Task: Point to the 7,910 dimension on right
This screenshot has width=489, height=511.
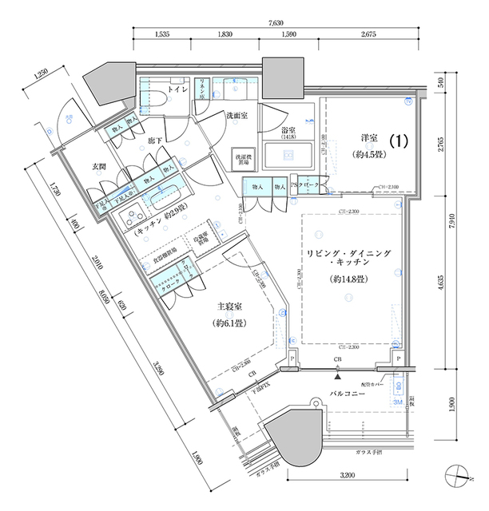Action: [x=452, y=226]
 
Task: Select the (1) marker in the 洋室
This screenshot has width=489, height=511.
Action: [x=400, y=139]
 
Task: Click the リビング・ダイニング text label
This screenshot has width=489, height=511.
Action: [x=350, y=253]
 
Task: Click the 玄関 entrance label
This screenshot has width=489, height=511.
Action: [x=99, y=166]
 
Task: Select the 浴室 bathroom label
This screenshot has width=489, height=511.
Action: [x=289, y=130]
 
